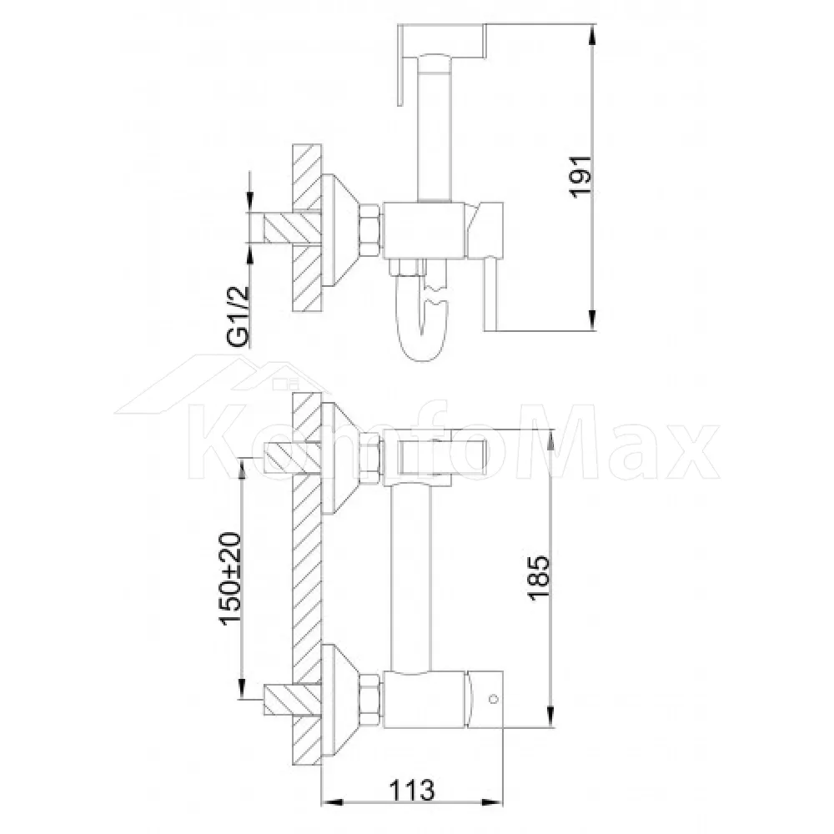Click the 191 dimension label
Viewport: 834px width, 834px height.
[x=580, y=177]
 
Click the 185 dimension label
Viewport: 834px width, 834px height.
[x=539, y=578]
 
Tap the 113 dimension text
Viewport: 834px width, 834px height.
[x=412, y=790]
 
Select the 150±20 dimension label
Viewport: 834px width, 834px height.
[x=230, y=579]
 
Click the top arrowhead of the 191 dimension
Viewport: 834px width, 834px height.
[x=592, y=33]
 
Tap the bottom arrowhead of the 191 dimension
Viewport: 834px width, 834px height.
[x=592, y=321]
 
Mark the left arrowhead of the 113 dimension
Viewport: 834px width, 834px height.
[x=333, y=802]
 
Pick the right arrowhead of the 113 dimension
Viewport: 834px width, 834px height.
[x=493, y=802]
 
